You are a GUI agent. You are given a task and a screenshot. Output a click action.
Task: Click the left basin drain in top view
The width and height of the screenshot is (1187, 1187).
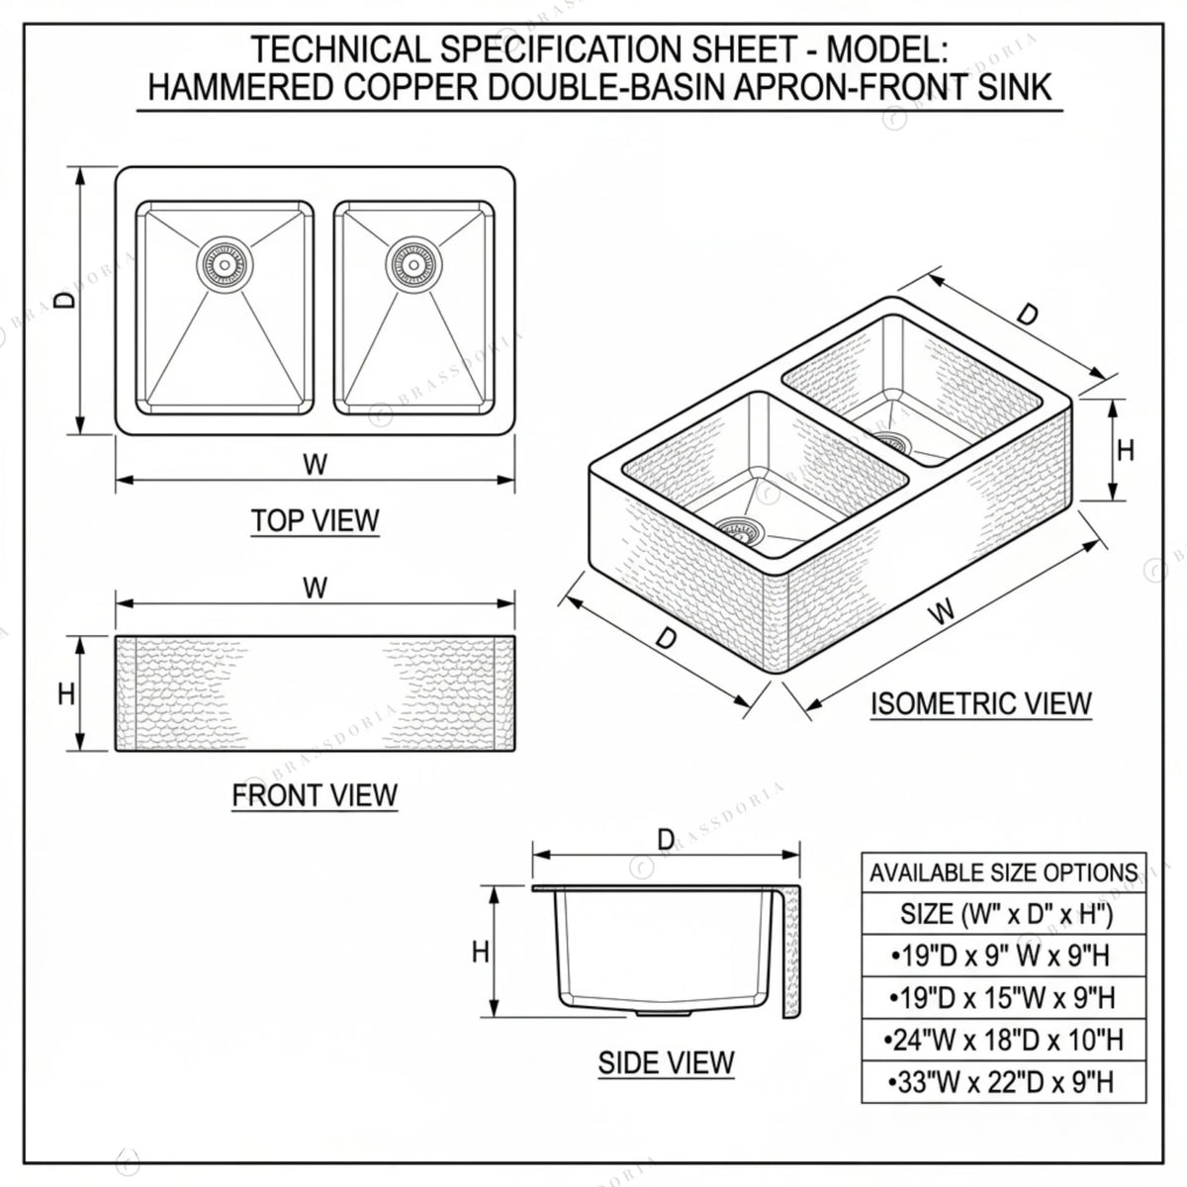(225, 265)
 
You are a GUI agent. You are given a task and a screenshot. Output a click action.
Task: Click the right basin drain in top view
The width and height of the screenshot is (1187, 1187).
(413, 265)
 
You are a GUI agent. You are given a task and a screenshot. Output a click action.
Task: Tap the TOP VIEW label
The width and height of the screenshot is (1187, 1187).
(315, 520)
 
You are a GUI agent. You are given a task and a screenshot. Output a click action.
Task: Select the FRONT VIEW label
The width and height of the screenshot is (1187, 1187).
(315, 795)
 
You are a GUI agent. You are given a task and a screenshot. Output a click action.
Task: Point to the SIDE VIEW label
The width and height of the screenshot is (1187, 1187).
(667, 1062)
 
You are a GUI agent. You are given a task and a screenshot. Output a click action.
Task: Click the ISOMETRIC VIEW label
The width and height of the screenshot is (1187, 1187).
(980, 703)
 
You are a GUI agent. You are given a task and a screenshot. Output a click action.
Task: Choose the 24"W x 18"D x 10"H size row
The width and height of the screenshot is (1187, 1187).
(1003, 1040)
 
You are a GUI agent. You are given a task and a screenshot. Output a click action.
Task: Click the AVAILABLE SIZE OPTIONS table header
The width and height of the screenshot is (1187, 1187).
(1003, 872)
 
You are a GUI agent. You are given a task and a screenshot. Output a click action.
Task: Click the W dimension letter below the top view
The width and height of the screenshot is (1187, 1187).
(315, 464)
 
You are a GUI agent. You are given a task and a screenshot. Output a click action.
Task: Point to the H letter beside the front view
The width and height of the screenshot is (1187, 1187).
(66, 694)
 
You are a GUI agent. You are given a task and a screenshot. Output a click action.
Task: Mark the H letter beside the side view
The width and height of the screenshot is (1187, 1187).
(481, 953)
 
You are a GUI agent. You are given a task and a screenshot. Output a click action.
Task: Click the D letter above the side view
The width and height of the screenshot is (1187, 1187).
(666, 840)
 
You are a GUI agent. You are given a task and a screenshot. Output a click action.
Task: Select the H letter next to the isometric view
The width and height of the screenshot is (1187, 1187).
(1126, 451)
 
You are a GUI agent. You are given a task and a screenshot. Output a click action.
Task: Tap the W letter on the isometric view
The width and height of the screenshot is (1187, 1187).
(942, 611)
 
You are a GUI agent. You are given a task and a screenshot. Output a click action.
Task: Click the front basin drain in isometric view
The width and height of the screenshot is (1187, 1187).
(740, 531)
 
